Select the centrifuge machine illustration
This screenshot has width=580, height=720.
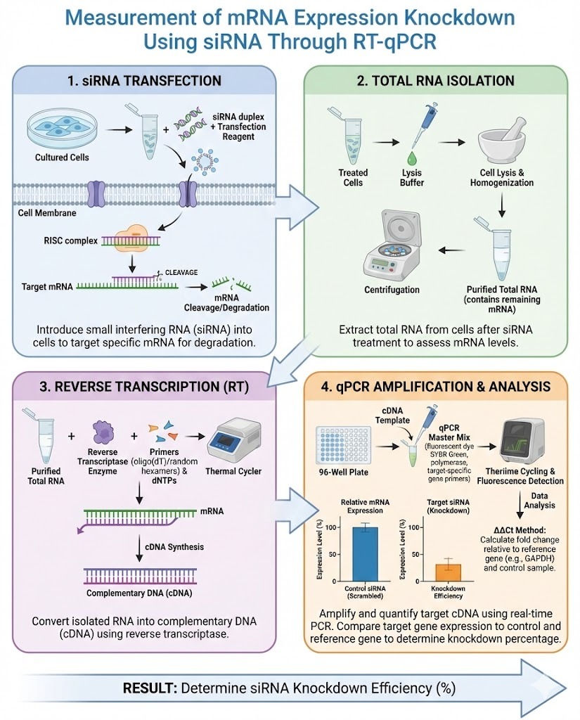click(x=402, y=245)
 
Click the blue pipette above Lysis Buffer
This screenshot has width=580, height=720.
click(x=420, y=119)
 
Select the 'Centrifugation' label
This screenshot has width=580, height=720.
click(x=392, y=289)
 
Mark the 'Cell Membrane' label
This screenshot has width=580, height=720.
click(x=51, y=212)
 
